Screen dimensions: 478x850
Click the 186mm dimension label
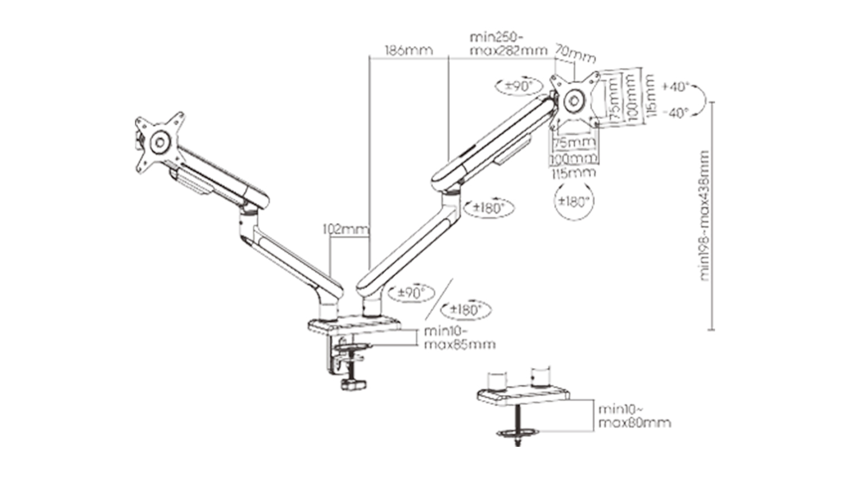click(x=409, y=50)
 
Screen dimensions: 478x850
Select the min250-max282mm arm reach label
click(x=508, y=44)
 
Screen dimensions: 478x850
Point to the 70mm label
click(x=575, y=54)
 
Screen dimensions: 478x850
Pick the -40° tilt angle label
click(x=675, y=113)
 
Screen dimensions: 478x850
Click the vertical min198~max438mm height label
click(x=704, y=215)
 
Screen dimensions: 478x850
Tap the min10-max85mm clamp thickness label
click(x=459, y=338)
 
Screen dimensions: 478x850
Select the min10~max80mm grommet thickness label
click(x=634, y=416)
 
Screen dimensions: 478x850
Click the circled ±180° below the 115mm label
click(x=574, y=201)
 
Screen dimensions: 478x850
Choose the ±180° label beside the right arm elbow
click(x=488, y=208)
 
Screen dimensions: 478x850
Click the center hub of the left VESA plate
click(x=160, y=142)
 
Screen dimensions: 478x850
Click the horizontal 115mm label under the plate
click(x=573, y=172)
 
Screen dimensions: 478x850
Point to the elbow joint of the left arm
click(x=248, y=214)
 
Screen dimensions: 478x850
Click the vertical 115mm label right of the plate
click(x=650, y=96)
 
